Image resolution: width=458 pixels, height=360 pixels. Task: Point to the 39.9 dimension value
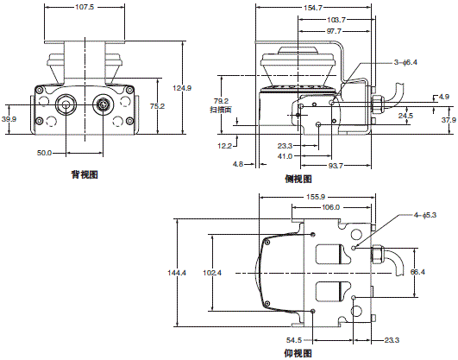click(9, 119)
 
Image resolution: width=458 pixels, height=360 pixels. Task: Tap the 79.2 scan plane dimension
click(218, 101)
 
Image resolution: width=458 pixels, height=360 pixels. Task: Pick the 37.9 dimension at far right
click(448, 120)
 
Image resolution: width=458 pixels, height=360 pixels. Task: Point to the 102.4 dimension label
click(211, 273)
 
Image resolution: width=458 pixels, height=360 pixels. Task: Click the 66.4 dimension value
click(417, 273)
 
